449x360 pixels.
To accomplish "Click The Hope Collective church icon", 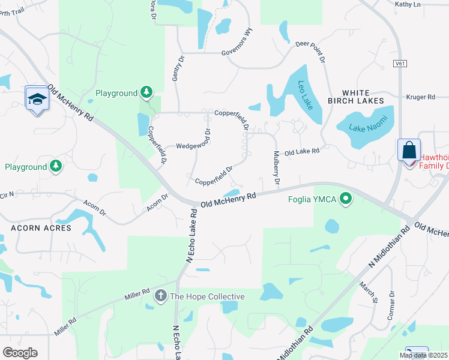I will pos(160,296).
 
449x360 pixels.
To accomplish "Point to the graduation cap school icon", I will pos(37,99).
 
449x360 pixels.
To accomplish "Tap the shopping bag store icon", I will pos(409,150).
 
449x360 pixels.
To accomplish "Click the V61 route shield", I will pos(400,63).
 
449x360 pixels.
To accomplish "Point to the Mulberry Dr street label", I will pos(276,168).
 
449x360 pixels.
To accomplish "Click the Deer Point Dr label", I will pos(311,52).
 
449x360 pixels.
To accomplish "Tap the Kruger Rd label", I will pos(420,97).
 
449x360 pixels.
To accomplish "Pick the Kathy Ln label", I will pos(408,4).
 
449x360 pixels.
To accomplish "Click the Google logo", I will pos(20,353).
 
